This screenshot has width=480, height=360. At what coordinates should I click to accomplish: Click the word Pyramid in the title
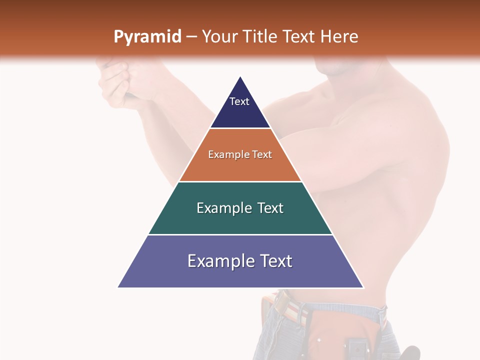pos(147,37)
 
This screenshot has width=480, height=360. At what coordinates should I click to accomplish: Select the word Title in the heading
pos(262,36)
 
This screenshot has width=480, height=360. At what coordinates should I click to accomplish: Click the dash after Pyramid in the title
pos(191,37)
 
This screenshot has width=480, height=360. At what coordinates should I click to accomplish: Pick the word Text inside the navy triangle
pos(239,101)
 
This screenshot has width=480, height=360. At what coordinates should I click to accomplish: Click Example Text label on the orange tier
pos(240,154)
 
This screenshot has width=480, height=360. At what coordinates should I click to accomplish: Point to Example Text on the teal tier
pos(240,208)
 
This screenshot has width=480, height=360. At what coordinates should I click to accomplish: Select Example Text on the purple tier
pos(240,261)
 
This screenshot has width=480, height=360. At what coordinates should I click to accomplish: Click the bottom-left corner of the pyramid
pos(118,287)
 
